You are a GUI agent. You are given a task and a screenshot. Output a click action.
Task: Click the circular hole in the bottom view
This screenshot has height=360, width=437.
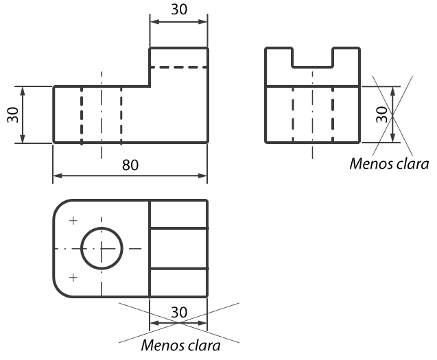pyautogui.click(x=102, y=248)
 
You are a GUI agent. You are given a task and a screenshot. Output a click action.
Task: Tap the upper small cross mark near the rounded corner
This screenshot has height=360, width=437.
pyautogui.click(x=73, y=221)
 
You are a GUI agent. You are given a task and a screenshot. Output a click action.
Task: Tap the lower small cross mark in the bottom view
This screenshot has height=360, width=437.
pyautogui.click(x=73, y=278)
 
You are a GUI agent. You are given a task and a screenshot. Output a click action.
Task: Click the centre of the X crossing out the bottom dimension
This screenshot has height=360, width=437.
pyautogui.click(x=178, y=322)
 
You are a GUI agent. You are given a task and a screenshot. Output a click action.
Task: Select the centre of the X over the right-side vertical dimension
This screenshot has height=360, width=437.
pyautogui.click(x=393, y=115)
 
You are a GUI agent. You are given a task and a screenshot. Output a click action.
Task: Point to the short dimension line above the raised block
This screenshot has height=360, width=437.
pyautogui.click(x=178, y=22)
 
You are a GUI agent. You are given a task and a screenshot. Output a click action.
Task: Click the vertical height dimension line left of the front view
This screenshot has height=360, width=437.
pyautogui.click(x=23, y=115)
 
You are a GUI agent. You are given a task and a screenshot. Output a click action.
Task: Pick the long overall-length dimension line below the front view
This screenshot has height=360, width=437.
pyautogui.click(x=130, y=176)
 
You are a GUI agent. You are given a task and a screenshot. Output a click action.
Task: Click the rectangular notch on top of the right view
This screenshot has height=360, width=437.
pyautogui.click(x=313, y=58)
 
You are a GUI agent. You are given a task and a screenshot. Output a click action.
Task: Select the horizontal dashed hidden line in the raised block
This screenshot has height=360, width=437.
pyautogui.click(x=178, y=67)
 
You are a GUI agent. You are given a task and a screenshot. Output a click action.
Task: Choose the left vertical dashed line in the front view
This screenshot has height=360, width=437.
pyautogui.click(x=82, y=115)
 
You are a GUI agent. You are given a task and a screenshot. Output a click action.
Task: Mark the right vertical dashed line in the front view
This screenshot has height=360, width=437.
pyautogui.click(x=121, y=115)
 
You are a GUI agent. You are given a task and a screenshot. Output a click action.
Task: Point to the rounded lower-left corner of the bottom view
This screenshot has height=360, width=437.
pyautogui.click(x=60, y=291)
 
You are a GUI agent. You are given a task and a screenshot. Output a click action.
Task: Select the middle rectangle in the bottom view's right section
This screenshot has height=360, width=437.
pyautogui.click(x=178, y=248)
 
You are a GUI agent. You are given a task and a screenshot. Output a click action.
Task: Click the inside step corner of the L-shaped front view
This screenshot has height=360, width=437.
pyautogui.click(x=150, y=86)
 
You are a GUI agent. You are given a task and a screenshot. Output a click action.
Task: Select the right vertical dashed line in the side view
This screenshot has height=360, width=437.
pyautogui.click(x=333, y=115)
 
